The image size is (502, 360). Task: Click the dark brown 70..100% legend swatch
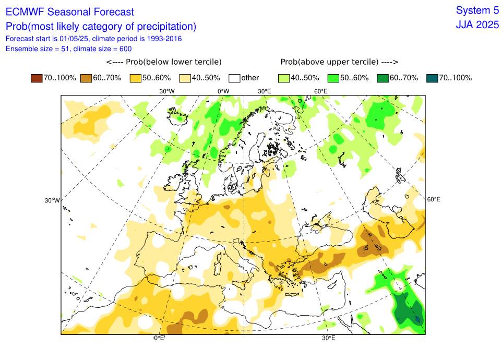(x=37, y=78)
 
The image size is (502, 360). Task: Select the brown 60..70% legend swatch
(x=86, y=78)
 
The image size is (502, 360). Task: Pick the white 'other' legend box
(x=234, y=78)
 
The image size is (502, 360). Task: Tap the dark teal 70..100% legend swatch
(x=432, y=78)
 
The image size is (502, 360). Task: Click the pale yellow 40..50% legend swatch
(x=185, y=78)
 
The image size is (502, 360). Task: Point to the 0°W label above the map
(x=223, y=91)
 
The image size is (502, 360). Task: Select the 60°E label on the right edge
(x=434, y=199)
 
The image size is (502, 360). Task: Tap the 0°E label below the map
(x=159, y=338)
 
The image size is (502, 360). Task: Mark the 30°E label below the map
(x=328, y=338)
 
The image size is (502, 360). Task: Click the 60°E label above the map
(x=320, y=91)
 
